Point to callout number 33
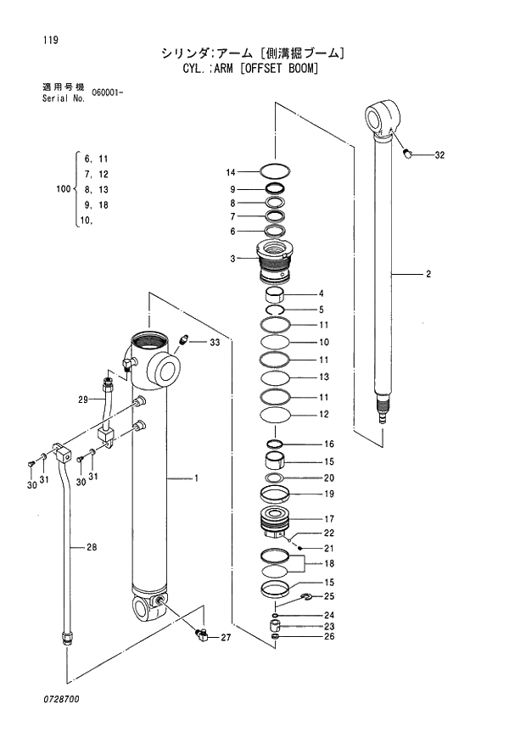pos(215,342)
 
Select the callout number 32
pos(439,155)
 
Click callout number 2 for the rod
pos(428,274)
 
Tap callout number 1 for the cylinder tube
pos(196,478)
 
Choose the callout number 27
pos(226,637)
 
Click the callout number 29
pos(83,399)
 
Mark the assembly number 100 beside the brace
pos(61,190)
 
